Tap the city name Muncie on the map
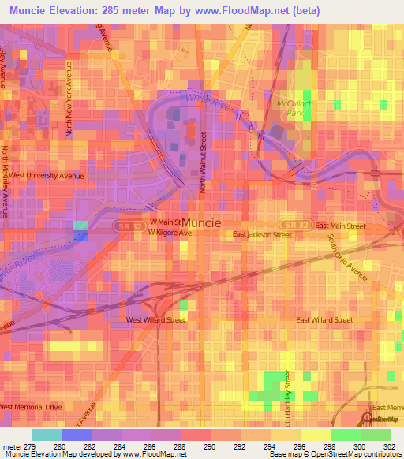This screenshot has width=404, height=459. tap(201, 222)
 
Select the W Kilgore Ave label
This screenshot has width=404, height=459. tap(170, 234)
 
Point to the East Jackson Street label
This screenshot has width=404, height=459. tap(259, 234)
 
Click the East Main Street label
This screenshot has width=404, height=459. tap(340, 226)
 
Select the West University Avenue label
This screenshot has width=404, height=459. tap(46, 176)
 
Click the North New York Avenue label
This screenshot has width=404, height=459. tap(69, 100)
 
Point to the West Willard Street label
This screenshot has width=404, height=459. tap(156, 320)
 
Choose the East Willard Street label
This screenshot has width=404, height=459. tap(324, 320)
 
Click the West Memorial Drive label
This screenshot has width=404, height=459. tap(31, 406)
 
